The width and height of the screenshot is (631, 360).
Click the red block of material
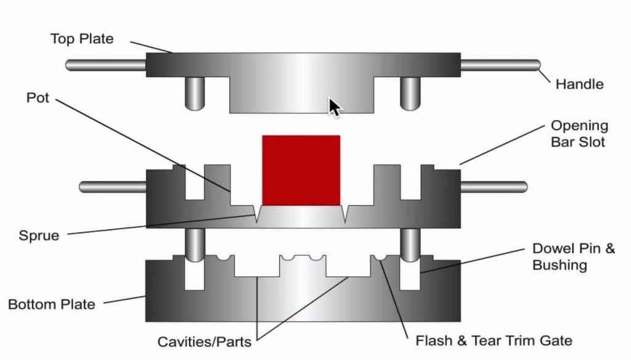[301, 170]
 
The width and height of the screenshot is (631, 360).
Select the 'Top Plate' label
[82, 39]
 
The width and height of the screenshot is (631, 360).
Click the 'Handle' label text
[579, 84]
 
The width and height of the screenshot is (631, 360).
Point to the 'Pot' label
[38, 98]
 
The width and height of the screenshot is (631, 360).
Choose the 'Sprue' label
[39, 235]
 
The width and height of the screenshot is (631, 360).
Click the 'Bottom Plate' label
[51, 304]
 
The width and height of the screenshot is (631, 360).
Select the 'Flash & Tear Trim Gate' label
[494, 340]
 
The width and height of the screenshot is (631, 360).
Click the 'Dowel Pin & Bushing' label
[572, 257]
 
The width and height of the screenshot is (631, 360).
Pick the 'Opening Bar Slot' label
[579, 134]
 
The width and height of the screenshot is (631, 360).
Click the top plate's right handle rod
[500, 64]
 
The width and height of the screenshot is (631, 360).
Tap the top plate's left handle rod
[105, 64]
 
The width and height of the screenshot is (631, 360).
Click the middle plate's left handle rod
[113, 186]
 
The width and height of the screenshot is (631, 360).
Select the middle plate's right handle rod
[493, 186]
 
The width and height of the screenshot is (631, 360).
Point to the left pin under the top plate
[195, 93]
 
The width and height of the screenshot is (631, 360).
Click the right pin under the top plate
[410, 93]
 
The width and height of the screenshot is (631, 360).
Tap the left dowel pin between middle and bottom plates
[195, 244]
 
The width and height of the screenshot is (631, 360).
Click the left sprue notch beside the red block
[256, 214]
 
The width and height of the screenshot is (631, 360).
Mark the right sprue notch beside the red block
[346, 214]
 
